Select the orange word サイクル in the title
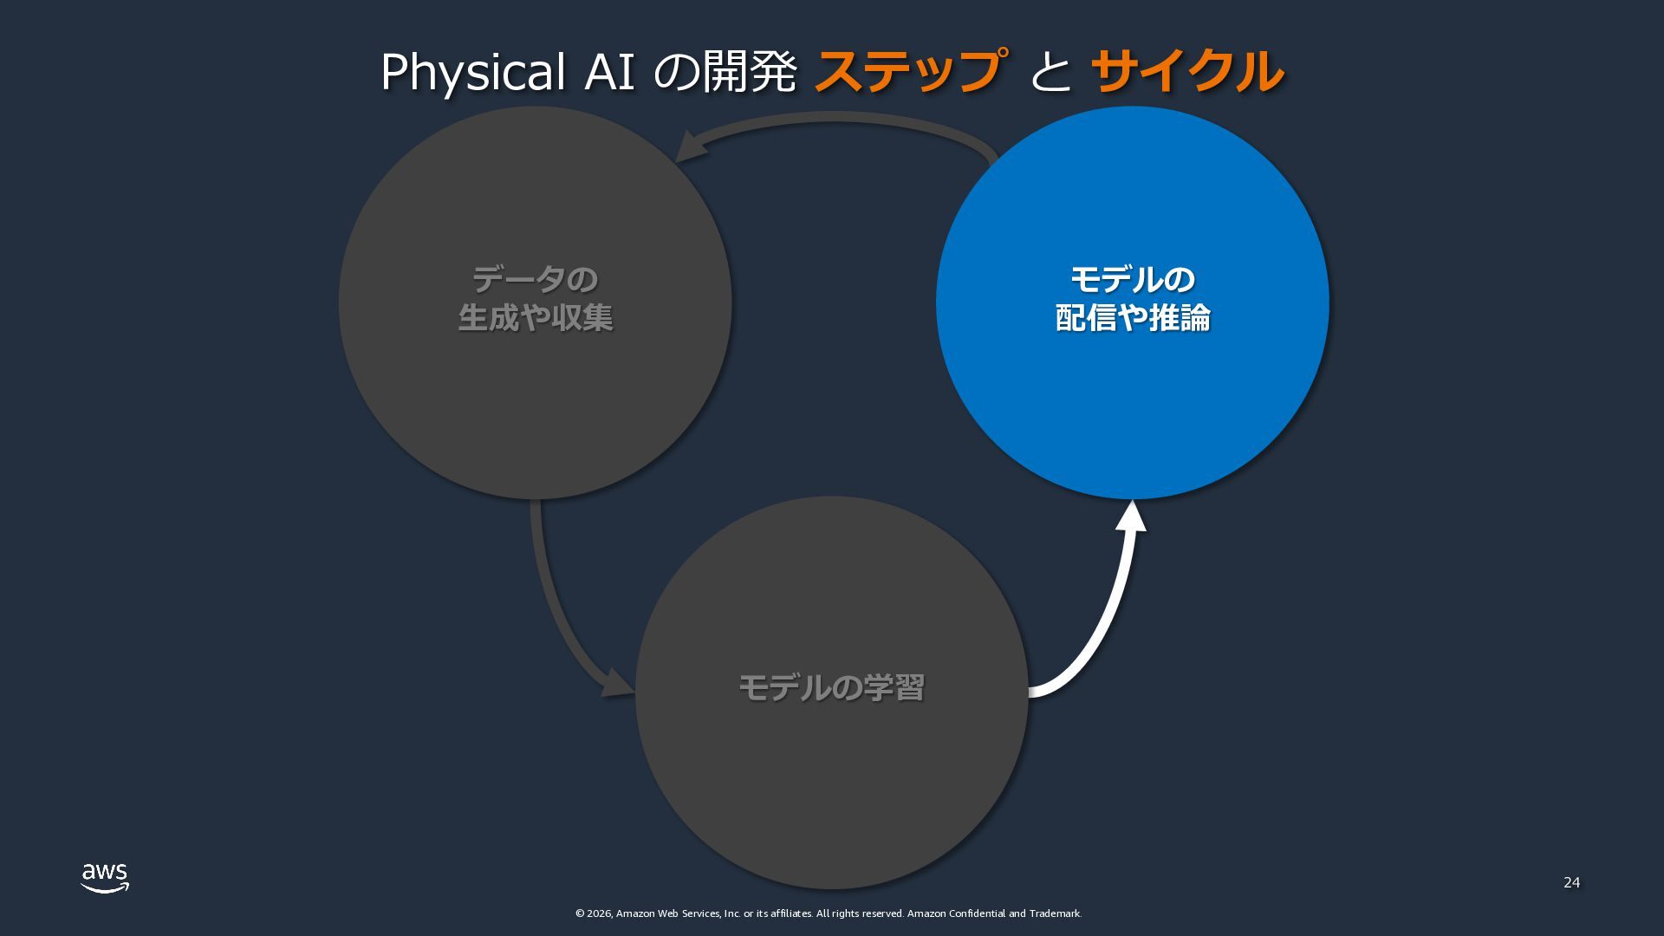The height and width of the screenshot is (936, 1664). tap(1186, 71)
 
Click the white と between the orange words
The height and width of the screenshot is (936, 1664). tap(1050, 73)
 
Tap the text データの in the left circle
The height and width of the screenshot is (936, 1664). tap(535, 280)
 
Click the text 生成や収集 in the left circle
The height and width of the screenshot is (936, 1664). tap(535, 318)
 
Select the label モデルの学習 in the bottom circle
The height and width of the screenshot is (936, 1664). tap(830, 688)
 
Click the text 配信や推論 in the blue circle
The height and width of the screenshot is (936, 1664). tap(1132, 318)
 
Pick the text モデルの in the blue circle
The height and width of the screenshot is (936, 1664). tap(1132, 280)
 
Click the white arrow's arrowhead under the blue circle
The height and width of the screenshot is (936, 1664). tap(1130, 517)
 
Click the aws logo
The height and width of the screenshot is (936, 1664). tap(105, 877)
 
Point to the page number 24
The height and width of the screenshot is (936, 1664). tap(1571, 882)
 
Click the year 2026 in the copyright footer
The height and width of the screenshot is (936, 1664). tap(599, 913)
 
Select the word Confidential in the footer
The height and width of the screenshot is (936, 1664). tap(977, 913)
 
